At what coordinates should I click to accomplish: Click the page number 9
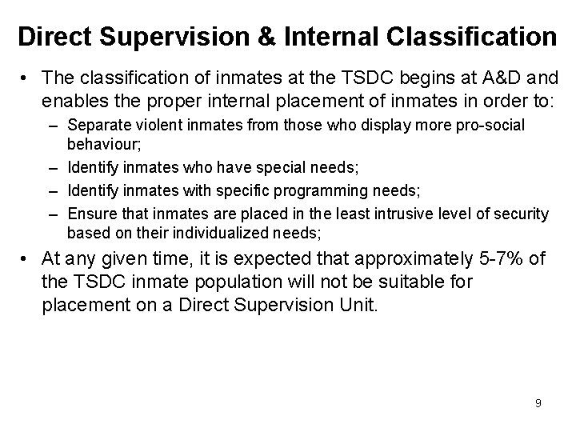click(538, 403)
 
